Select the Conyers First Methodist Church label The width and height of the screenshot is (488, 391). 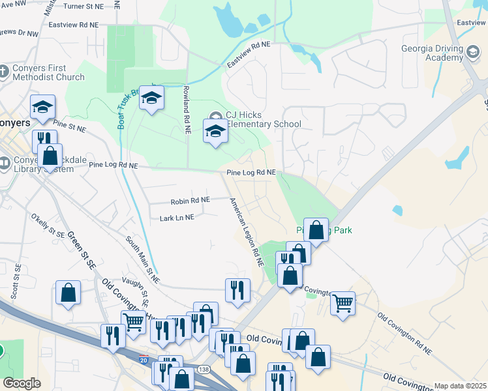47,71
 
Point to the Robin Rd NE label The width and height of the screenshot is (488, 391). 190,201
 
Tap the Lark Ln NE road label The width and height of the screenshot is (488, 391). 177,218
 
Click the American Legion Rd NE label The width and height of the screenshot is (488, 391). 245,231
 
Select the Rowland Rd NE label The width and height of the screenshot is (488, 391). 187,109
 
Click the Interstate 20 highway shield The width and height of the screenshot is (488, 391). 144,359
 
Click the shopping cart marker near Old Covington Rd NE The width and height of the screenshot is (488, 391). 343,302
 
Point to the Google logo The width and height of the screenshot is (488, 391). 22,383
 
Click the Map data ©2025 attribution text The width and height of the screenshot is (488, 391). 460,386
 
